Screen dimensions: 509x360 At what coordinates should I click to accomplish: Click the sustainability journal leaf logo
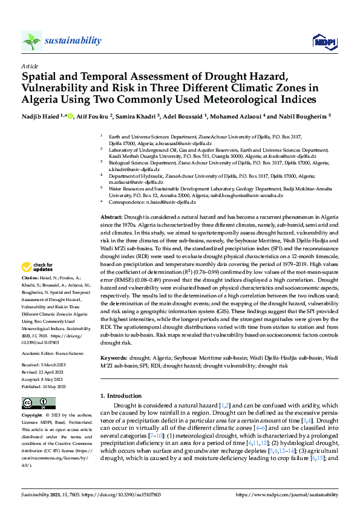tap(31, 41)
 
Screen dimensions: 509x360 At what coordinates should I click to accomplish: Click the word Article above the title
tap(30, 65)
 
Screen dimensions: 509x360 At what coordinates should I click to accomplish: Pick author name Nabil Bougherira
tap(306, 115)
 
